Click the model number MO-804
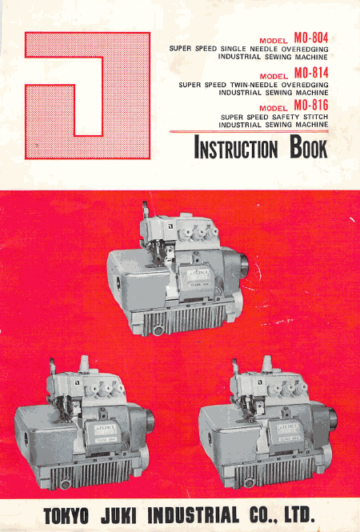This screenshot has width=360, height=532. pyautogui.click(x=311, y=38)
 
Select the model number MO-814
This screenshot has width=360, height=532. pyautogui.click(x=311, y=74)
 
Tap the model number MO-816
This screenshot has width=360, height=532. pyautogui.click(x=311, y=106)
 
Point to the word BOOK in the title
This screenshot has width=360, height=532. pyautogui.click(x=309, y=147)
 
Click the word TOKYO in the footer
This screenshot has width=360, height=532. pyautogui.click(x=66, y=516)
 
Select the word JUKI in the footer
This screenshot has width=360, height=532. pyautogui.click(x=119, y=516)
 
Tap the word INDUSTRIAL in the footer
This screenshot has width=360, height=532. pyautogui.click(x=193, y=515)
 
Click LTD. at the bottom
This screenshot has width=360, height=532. pyautogui.click(x=298, y=514)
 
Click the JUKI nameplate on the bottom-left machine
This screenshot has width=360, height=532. pyautogui.click(x=105, y=429)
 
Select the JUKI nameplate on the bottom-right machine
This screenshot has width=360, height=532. pyautogui.click(x=288, y=428)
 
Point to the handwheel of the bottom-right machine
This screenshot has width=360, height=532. pyautogui.click(x=332, y=418)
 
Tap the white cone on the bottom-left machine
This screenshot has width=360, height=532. pyautogui.click(x=84, y=364)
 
